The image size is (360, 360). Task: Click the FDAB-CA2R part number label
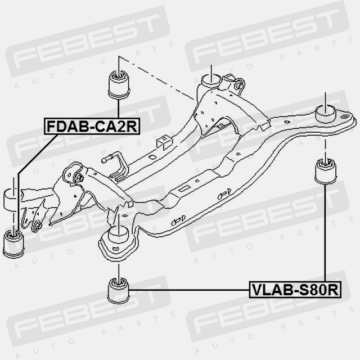(x=92, y=127)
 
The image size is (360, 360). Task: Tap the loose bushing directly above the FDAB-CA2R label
(x=118, y=83)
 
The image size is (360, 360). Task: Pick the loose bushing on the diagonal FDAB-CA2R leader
(x=13, y=242)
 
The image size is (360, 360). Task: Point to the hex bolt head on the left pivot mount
(x=79, y=178)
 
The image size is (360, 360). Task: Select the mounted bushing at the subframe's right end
(x=326, y=112)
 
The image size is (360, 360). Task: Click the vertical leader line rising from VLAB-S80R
(x=325, y=236)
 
